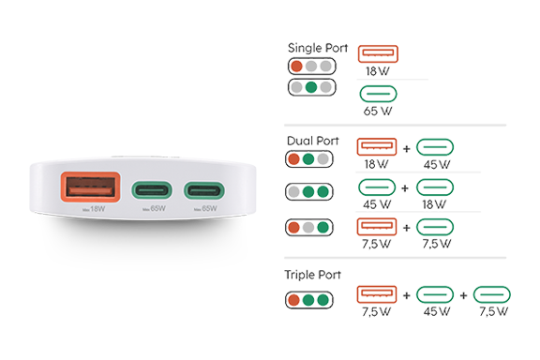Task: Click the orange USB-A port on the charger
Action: tap(91, 187)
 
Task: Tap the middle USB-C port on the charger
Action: tap(152, 190)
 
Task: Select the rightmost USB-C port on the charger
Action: tap(203, 190)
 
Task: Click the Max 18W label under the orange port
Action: tap(94, 209)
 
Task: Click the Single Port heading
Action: tap(318, 48)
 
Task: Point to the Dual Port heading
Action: tap(313, 141)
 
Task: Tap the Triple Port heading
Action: tap(312, 275)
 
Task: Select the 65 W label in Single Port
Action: tap(378, 111)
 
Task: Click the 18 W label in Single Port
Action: tap(378, 71)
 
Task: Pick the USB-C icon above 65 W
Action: tap(378, 94)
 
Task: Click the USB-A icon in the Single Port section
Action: tap(378, 53)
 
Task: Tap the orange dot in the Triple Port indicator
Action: tap(293, 300)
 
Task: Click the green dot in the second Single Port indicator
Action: tap(311, 87)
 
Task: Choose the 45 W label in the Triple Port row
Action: tap(437, 311)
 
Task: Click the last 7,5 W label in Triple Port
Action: tap(493, 311)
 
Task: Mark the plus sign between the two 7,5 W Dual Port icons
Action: tap(406, 228)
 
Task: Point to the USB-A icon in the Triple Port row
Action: tap(377, 294)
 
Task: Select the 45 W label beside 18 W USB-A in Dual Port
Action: tap(437, 164)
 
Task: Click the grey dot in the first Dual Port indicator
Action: tap(323, 159)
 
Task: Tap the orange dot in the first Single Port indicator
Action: tap(296, 67)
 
